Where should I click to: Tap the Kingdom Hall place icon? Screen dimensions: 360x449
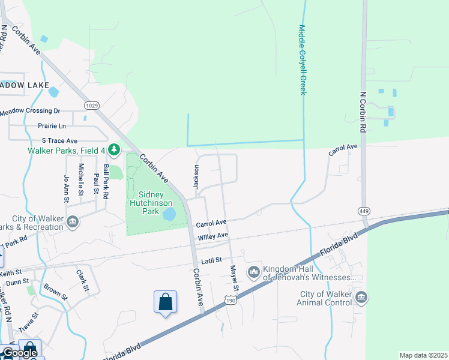[x=254, y=272]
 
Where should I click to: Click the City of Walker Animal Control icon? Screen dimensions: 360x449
[x=361, y=297]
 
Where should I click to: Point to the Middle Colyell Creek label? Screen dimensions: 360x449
[x=303, y=59]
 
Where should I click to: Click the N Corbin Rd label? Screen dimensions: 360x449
[x=363, y=112]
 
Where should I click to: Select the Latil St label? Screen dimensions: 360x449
[x=212, y=260]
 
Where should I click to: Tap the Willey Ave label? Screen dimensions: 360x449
[x=213, y=236]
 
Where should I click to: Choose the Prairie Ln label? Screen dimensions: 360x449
[x=52, y=126]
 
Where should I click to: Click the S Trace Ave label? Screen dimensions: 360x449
[x=59, y=140]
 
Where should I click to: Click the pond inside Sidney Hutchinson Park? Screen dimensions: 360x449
[x=169, y=214]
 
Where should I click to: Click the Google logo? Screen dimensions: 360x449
[x=20, y=353]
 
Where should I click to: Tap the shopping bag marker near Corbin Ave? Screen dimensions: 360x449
[x=165, y=302]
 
